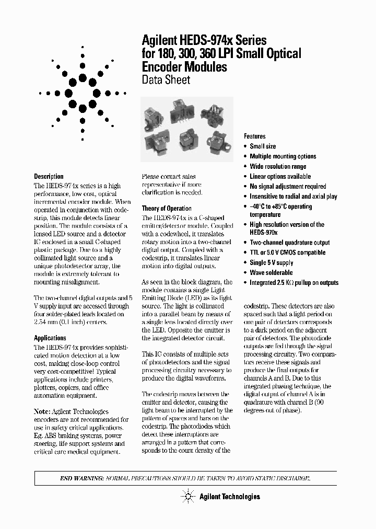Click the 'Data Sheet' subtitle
click(166, 80)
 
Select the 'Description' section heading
click(49, 177)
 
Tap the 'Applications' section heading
click(50, 338)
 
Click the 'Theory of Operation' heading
click(167, 209)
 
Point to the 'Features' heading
click(254, 136)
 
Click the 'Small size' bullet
click(263, 146)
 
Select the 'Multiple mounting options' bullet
click(283, 156)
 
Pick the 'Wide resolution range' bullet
click(278, 166)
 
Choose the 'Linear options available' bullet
click(280, 176)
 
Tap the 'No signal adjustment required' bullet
click(288, 186)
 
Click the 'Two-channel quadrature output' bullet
click(289, 243)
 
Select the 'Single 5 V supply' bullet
click(271, 262)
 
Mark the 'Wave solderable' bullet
click(271, 272)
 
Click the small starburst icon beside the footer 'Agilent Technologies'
click(186, 496)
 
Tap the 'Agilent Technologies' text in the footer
click(229, 497)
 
